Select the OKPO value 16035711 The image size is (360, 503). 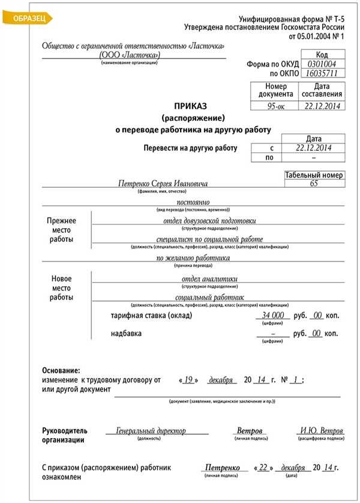[x=321, y=74]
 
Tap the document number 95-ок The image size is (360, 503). [x=273, y=106]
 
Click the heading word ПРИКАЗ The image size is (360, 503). [x=193, y=105]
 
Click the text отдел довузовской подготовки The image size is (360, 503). [x=209, y=220]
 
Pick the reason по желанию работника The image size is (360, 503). [x=193, y=258]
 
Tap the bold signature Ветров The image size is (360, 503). [x=250, y=431]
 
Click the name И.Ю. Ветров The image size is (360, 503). [x=322, y=431]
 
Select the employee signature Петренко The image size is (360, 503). [x=222, y=468]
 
